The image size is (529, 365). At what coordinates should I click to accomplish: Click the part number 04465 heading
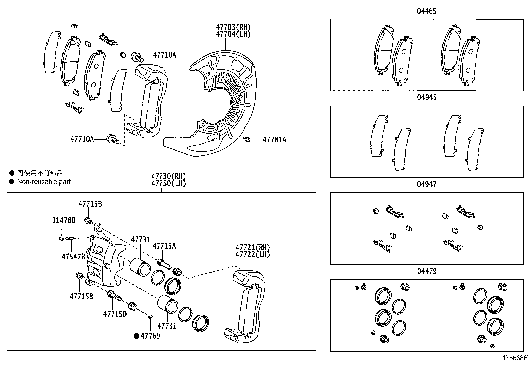click(x=427, y=11)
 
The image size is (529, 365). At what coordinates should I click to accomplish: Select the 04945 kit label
click(x=427, y=98)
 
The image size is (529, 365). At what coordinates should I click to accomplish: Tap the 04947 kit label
click(x=427, y=184)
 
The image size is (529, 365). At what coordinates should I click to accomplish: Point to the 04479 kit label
click(x=427, y=271)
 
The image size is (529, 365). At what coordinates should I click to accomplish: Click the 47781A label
click(x=274, y=140)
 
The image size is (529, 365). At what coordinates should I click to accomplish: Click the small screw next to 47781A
click(x=247, y=139)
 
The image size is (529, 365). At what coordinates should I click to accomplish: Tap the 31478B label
click(x=64, y=220)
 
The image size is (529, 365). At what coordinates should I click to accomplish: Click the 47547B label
click(x=73, y=256)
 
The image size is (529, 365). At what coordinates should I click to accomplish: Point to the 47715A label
click(x=164, y=246)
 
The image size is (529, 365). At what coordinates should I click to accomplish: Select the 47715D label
click(x=115, y=313)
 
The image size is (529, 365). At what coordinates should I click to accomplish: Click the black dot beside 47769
click(x=136, y=336)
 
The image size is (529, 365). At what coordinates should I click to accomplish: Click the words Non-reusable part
click(x=44, y=182)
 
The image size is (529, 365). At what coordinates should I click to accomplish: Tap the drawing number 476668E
click(x=514, y=358)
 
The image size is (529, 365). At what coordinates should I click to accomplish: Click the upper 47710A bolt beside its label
click(x=137, y=57)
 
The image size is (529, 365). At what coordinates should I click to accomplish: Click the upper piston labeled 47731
click(x=140, y=266)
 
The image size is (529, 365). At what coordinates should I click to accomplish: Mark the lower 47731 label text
click(x=167, y=326)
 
